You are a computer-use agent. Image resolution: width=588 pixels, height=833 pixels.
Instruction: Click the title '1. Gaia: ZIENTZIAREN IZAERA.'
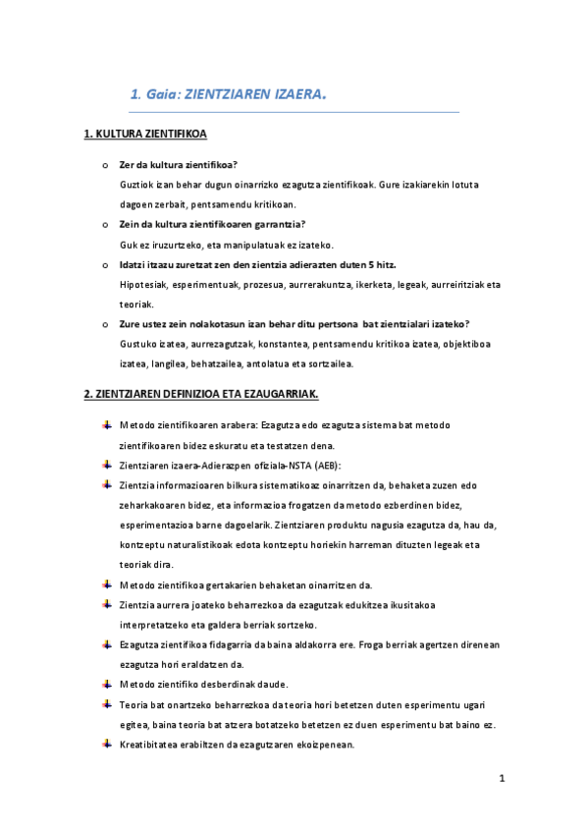pos(228,95)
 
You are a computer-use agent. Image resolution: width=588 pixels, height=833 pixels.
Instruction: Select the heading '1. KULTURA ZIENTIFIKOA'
pos(144,134)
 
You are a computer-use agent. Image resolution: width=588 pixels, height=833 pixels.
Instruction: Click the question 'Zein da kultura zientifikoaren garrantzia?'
pos(212,224)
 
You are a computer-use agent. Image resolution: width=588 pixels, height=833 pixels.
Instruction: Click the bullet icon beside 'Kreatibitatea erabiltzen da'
pos(106,745)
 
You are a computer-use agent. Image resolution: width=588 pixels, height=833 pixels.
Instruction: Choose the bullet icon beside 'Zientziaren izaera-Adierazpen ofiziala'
pos(106,464)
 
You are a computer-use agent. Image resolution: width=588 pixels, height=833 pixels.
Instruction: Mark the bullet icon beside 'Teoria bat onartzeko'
pos(106,704)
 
